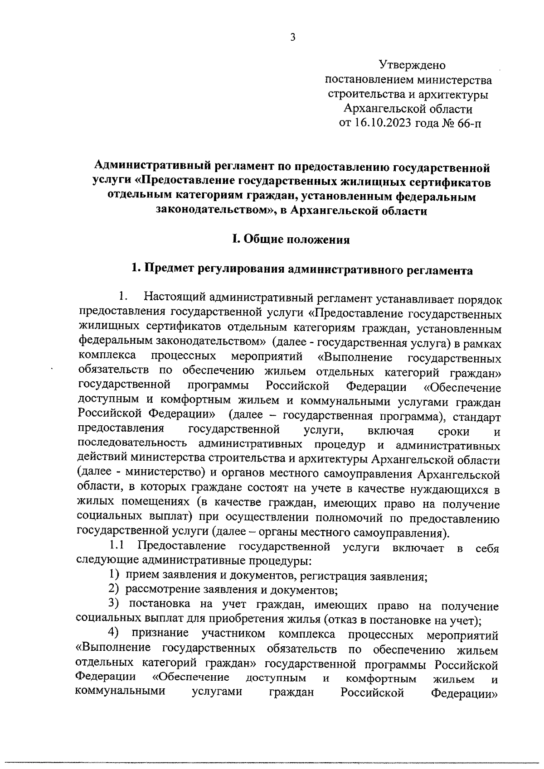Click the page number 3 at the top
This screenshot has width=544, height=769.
293,38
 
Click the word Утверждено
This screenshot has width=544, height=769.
412,66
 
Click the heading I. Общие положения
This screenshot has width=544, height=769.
291,240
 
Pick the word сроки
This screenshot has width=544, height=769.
454,431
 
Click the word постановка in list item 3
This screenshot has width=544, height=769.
159,606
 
